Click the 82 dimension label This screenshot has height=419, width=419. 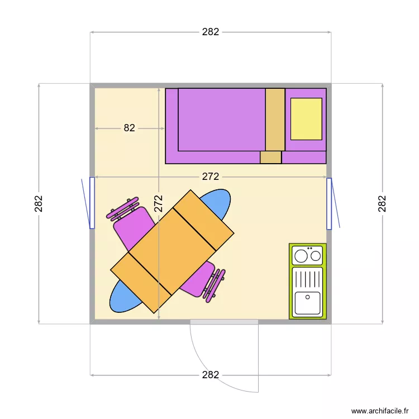tap(129, 128)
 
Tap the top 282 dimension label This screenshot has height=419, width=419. tap(210, 32)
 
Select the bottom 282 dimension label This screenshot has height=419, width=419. tap(210, 375)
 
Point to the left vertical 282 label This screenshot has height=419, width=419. tap(38, 203)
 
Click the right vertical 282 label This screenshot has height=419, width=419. tap(382, 203)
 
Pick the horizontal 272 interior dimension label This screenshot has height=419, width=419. tap(210, 177)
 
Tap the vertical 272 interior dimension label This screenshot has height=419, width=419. tap(159, 203)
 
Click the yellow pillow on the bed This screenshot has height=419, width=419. tap(306, 118)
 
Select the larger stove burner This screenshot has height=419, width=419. tap(302, 256)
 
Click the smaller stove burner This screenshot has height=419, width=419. tap(316, 256)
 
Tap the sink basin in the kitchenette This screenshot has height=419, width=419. tap(307, 303)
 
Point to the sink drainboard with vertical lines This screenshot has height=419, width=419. tap(307, 278)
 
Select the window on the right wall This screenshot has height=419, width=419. tap(329, 203)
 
